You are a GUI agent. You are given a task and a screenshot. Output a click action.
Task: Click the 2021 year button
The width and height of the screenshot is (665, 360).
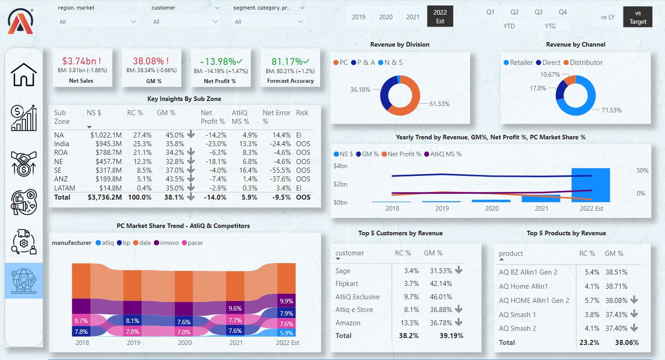412,17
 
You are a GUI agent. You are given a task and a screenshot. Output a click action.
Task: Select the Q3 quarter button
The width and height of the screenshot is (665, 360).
538,12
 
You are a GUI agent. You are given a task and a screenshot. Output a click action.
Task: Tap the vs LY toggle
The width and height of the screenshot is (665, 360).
607,17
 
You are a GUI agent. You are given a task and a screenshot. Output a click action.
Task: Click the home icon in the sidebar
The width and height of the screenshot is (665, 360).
24,74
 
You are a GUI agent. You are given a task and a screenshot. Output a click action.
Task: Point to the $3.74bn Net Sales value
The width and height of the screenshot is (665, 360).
81,61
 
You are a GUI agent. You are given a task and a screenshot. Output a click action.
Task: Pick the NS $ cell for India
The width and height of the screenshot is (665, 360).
106,144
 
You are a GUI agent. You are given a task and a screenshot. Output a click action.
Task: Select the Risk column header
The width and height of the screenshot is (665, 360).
302,113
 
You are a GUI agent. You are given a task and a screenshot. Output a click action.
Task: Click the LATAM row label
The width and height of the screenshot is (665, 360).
64,188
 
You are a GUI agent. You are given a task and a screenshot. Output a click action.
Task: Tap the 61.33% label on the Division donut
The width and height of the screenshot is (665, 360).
439,104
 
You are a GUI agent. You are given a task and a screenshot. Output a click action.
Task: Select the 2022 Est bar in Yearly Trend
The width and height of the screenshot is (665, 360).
591,185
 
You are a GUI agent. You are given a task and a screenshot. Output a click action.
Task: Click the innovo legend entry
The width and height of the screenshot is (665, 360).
169,243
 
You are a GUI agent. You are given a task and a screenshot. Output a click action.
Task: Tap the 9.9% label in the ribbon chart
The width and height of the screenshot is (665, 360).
286,301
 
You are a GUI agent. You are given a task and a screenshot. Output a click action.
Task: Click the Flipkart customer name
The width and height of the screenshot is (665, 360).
348,284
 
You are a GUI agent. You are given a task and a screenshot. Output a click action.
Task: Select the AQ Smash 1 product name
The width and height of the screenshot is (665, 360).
517,314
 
